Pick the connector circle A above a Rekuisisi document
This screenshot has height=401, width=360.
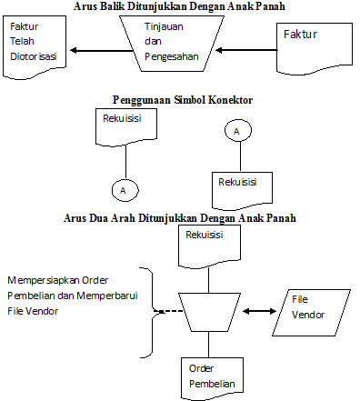[236, 132]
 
